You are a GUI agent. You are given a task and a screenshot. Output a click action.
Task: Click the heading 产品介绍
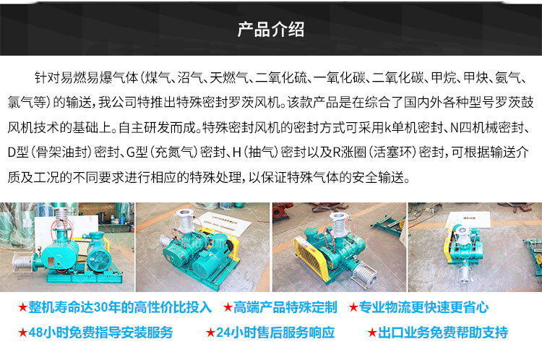[x=271, y=30]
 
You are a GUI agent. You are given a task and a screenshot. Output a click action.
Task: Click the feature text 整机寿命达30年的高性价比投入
[x=120, y=307]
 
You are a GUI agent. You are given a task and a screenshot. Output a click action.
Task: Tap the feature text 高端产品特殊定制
[x=285, y=307]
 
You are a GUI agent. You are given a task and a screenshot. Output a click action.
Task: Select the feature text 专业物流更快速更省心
[x=423, y=307]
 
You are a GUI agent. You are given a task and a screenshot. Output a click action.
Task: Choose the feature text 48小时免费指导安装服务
[x=100, y=333]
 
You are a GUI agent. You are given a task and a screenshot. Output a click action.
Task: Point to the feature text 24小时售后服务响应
[x=275, y=333]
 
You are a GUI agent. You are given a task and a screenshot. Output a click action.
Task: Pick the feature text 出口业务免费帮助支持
[x=443, y=333]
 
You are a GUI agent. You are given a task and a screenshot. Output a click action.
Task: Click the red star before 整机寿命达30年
[x=23, y=307]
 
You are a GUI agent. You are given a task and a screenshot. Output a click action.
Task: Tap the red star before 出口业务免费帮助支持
[x=372, y=333]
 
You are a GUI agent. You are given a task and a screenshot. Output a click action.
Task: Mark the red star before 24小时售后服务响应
[x=210, y=333]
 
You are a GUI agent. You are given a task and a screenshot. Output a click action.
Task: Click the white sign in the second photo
[x=223, y=223]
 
